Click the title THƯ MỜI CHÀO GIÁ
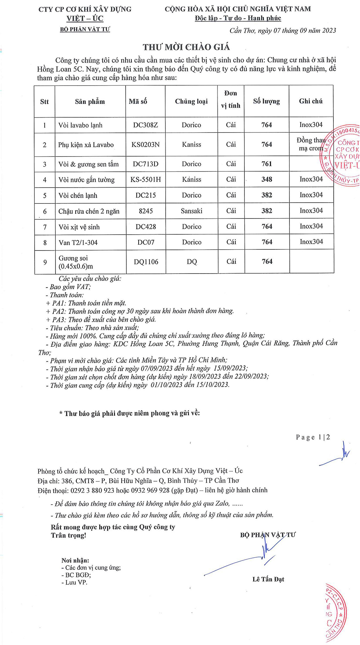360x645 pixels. click(186, 47)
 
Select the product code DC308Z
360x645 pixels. click(145, 125)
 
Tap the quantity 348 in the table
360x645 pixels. click(267, 179)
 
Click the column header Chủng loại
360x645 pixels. click(191, 102)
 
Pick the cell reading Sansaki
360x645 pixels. click(192, 211)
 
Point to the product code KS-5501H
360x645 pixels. click(145, 179)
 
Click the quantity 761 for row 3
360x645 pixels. click(267, 164)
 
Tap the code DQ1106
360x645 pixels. click(146, 262)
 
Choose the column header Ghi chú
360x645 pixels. click(311, 102)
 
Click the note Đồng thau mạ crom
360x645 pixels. click(310, 144)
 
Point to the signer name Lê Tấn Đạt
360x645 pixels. click(268, 579)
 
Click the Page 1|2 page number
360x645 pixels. click(313, 437)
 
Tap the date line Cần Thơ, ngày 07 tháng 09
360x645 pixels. click(283, 31)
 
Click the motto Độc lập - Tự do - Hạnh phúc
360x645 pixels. click(238, 18)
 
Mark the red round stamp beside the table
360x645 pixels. click(342, 155)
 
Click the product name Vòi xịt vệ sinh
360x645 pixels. click(79, 227)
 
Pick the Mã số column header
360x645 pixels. click(138, 102)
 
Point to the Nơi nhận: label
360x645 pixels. click(75, 560)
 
